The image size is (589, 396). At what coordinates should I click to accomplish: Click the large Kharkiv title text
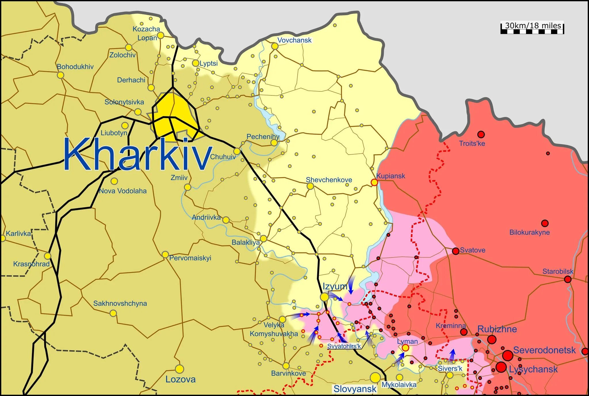137,154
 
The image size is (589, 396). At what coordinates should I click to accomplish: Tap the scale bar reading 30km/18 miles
532,28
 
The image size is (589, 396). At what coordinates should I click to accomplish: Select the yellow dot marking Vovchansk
275,46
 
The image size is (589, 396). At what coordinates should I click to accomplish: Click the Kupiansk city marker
374,182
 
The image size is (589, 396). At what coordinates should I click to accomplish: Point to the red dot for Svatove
456,251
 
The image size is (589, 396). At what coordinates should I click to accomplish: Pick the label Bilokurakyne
529,232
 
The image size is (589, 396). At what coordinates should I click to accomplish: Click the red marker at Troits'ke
481,134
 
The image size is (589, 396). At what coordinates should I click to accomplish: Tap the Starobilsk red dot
567,279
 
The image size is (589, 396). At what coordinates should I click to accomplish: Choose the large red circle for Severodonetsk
508,355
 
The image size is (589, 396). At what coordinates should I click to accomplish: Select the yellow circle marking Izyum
324,297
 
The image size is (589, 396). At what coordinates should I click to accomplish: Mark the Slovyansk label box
355,389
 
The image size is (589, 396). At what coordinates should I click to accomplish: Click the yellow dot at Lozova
179,369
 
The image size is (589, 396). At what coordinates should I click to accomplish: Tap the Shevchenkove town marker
310,186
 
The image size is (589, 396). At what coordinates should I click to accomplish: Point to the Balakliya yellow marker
263,239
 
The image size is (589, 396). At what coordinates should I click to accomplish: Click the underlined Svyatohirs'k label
344,346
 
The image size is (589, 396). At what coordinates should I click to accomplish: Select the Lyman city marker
405,348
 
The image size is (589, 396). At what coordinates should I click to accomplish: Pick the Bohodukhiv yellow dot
60,75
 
